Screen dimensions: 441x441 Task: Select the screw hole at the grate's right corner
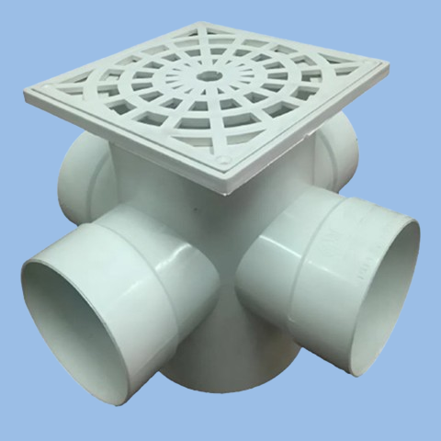coord(371,65)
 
